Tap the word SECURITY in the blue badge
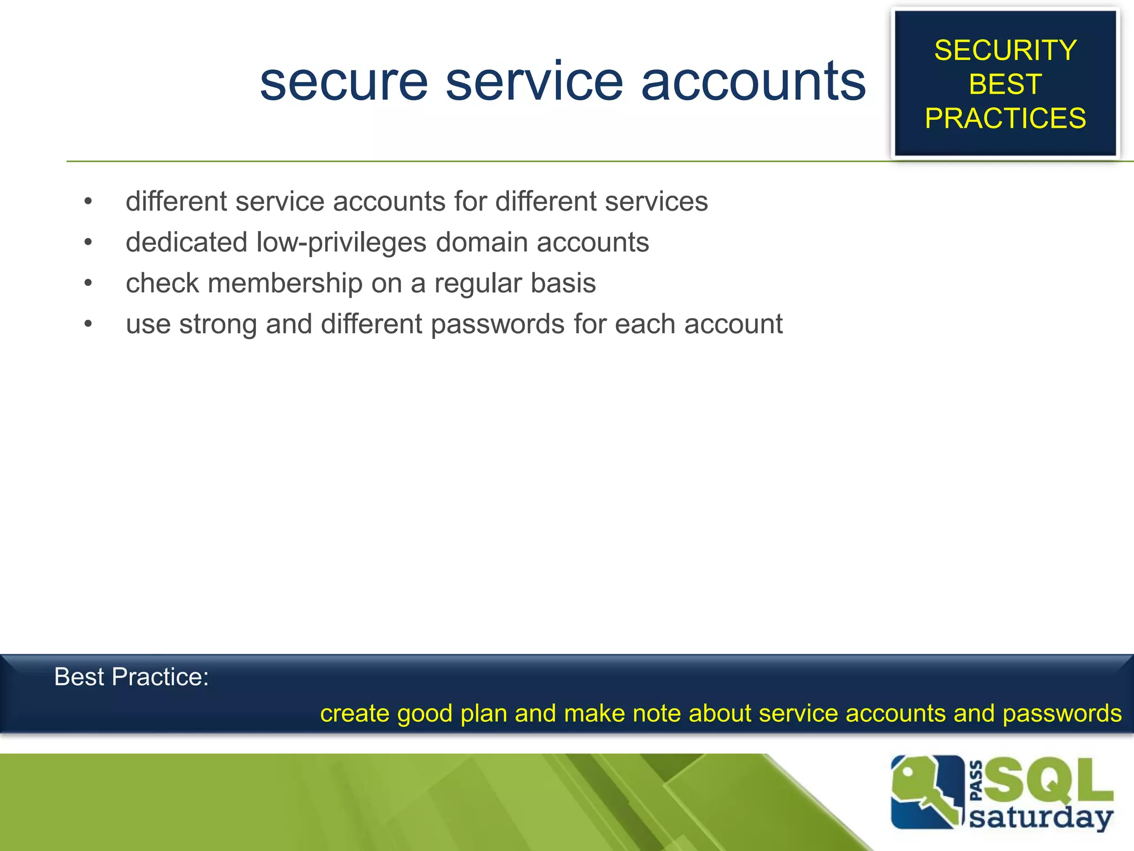pos(1005,50)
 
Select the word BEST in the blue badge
pos(1005,84)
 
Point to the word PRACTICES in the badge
pos(1005,118)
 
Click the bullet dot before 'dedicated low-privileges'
pos(88,242)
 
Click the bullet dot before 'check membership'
pos(88,283)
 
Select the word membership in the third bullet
pos(285,283)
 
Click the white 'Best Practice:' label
pos(131,677)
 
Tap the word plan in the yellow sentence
pos(483,714)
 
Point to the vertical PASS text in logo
pos(977,781)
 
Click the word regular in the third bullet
pos(478,283)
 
